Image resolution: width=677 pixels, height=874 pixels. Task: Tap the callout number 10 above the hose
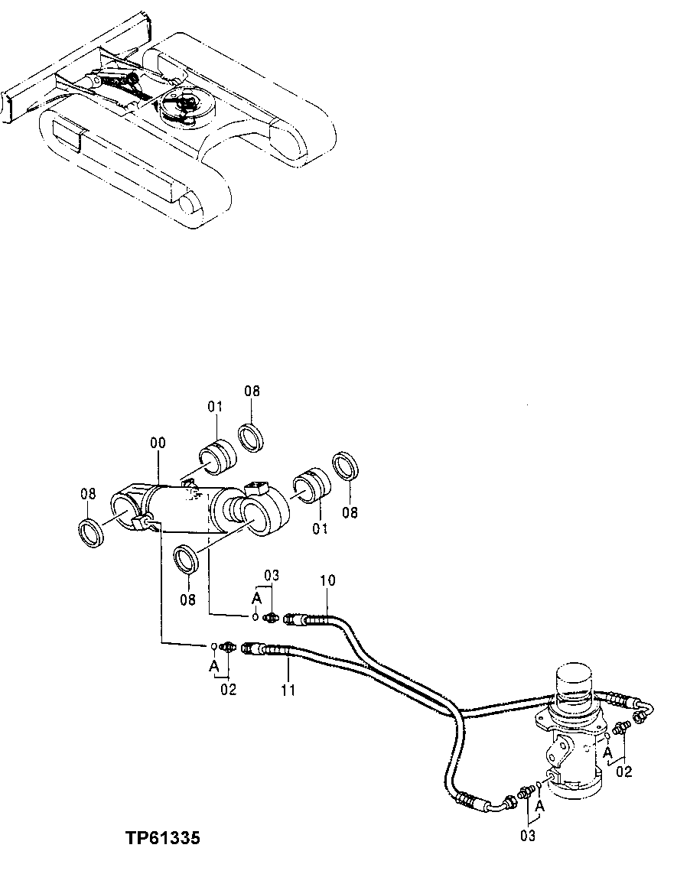327,580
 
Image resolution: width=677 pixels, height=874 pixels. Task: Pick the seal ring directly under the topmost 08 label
251,437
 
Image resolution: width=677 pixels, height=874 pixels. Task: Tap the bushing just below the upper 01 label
218,456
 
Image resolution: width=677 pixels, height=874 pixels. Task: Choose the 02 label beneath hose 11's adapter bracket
229,690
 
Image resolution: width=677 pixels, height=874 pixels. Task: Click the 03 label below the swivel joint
529,836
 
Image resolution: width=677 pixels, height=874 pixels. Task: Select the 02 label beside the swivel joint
624,771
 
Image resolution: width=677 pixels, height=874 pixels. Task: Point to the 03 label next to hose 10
272,574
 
